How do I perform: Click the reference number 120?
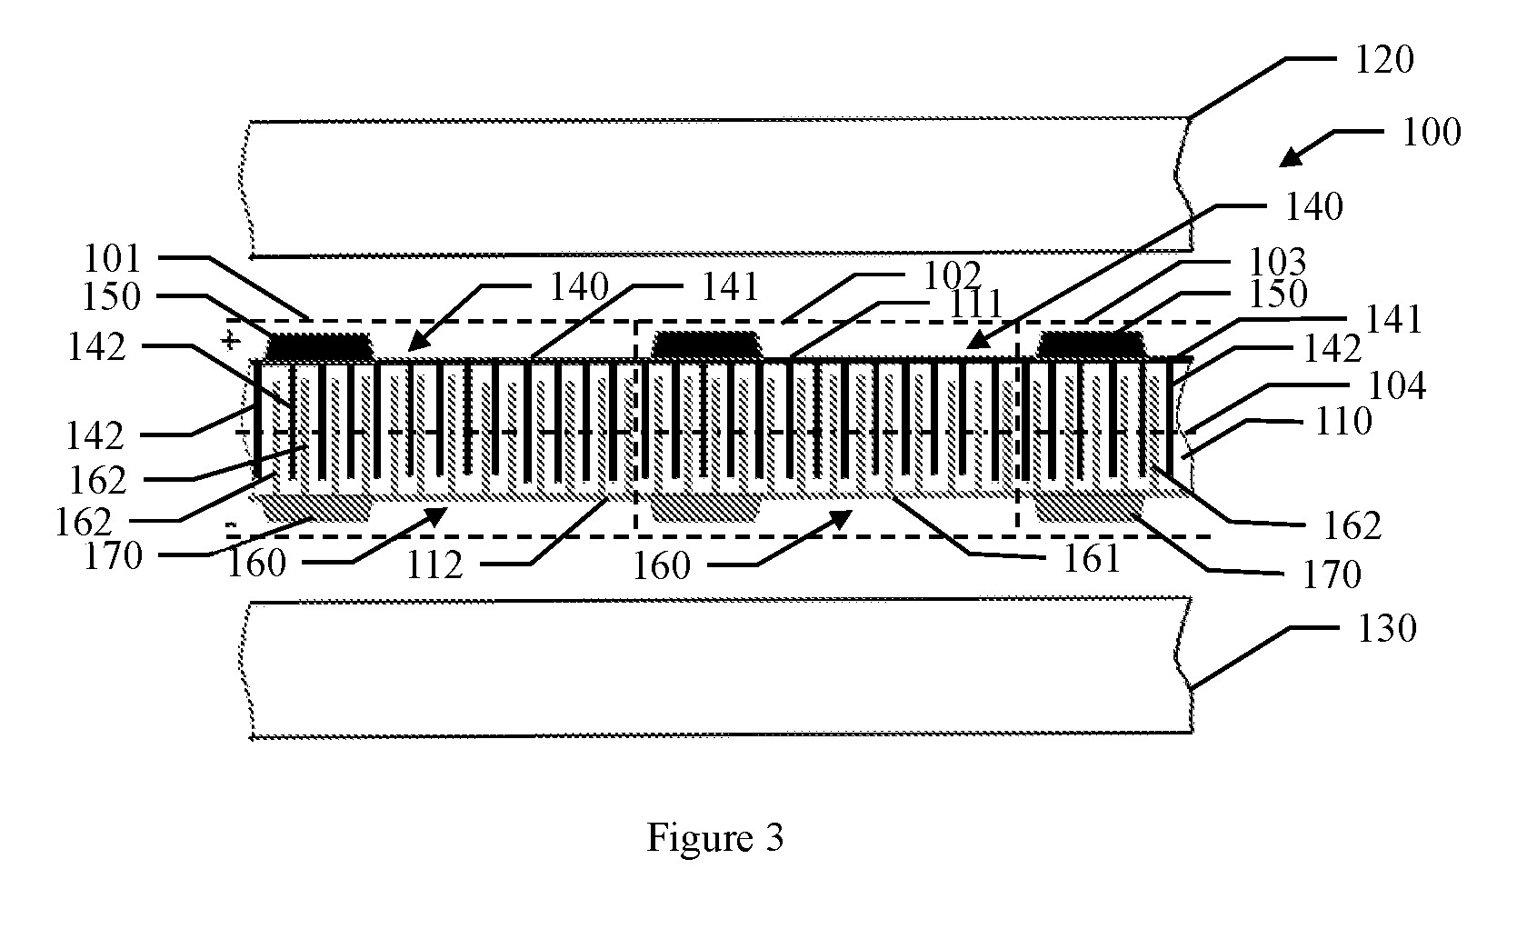coord(1384,60)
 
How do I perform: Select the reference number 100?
coord(1432,133)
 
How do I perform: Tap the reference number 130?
coord(1387,628)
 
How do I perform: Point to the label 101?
coord(113,259)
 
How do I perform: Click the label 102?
coord(953,276)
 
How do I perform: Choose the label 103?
coord(1277,262)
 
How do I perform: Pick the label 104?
coord(1397,385)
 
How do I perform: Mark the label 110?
coord(1343,421)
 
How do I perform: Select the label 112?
coord(435,566)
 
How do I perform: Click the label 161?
coord(1092,559)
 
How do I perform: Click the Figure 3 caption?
coord(715,838)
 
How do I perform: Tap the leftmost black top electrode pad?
coord(320,345)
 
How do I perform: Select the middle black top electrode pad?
coord(706,345)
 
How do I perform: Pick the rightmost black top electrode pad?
coord(1092,345)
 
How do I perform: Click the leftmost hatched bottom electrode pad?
coord(318,508)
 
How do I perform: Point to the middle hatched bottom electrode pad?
coord(705,508)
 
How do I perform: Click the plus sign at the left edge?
coord(231,340)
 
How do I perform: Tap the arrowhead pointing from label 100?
coord(1292,157)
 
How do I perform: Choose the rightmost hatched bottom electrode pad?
coord(1091,508)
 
